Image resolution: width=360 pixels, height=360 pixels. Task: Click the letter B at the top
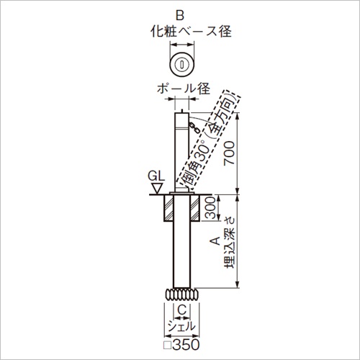pyautogui.click(x=180, y=16)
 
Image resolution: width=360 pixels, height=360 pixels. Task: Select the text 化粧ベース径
pyautogui.click(x=191, y=32)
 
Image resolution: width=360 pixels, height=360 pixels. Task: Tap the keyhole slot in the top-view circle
pyautogui.click(x=182, y=64)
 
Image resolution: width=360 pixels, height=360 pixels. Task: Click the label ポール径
pyautogui.click(x=184, y=89)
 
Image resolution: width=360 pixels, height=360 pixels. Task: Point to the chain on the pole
pyautogui.click(x=194, y=127)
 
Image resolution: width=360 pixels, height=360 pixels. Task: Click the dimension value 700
pyautogui.click(x=229, y=153)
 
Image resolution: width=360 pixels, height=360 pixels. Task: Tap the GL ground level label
pyautogui.click(x=156, y=176)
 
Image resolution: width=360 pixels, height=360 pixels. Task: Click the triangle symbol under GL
pyautogui.click(x=156, y=188)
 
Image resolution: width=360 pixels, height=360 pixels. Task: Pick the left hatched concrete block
pyautogui.click(x=168, y=208)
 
